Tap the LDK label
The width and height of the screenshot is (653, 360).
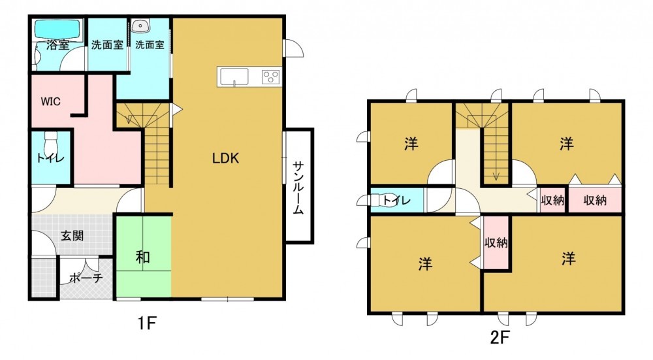225,158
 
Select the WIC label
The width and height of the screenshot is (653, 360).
50,101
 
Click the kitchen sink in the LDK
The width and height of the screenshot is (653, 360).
234,77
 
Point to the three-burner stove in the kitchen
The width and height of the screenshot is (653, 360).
271,76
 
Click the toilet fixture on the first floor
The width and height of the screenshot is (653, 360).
51,142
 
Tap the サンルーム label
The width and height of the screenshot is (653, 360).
298,188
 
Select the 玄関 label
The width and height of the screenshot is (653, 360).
72,235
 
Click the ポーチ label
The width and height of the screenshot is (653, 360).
86,278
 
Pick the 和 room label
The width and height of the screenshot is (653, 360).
143,257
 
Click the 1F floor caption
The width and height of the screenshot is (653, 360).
148,323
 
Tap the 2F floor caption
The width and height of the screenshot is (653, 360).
500,337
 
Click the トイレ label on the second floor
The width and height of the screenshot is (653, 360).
396,201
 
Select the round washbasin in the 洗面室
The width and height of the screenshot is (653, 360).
140,26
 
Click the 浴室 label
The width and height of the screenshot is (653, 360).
58,45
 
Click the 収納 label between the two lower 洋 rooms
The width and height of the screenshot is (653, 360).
496,242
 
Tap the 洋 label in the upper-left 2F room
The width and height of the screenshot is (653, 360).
411,144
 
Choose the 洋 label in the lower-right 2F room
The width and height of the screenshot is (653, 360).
569,259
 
